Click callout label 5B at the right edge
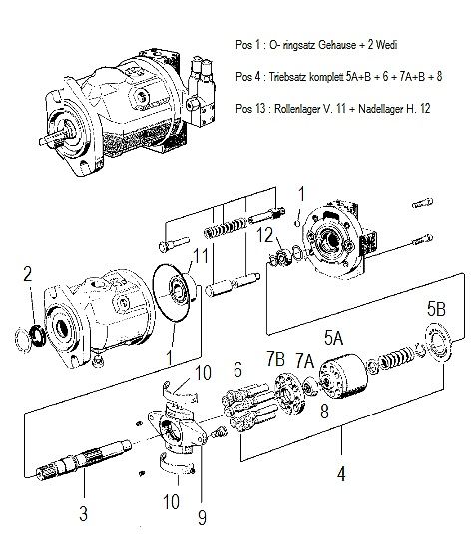coord(437,307)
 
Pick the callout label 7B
coord(272,357)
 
